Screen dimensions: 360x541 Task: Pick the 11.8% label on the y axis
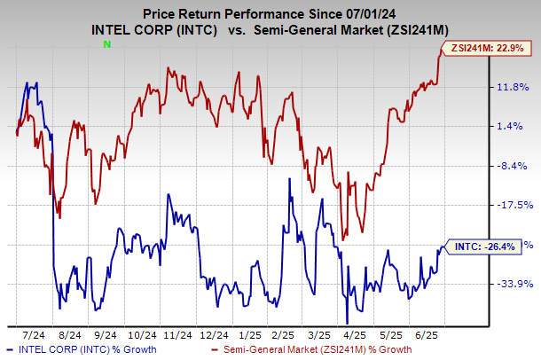pos(514,86)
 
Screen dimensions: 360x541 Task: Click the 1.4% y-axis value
pos(511,126)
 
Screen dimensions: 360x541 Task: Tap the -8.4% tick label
pos(512,166)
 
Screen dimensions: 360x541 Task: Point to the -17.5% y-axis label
pos(514,205)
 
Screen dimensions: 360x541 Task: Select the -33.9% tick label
pos(514,284)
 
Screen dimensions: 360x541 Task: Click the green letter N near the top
pos(107,43)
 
